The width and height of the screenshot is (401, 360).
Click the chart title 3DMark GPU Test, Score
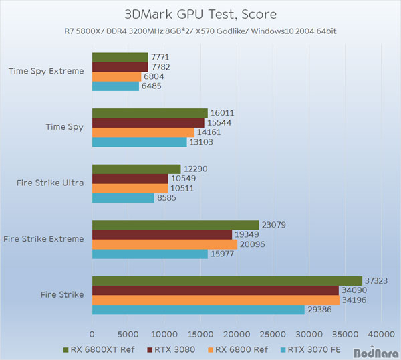(200, 14)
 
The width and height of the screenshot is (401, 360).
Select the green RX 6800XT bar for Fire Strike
(227, 281)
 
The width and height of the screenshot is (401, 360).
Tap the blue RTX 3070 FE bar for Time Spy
(139, 142)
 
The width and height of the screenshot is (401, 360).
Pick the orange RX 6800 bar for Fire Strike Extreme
(164, 244)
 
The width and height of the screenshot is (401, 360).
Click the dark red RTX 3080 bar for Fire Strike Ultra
(130, 179)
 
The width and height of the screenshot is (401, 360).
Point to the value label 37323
(376, 281)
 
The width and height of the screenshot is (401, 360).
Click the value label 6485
(154, 86)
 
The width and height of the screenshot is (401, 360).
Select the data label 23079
(273, 225)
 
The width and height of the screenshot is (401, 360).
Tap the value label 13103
(202, 142)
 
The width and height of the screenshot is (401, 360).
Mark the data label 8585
(169, 198)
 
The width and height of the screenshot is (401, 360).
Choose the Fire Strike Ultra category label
(54, 183)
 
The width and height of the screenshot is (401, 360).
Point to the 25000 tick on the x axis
(273, 333)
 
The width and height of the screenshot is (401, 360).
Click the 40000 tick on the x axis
(382, 333)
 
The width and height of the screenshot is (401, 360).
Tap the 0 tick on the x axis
(92, 333)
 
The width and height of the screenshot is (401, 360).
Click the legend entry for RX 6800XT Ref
(98, 348)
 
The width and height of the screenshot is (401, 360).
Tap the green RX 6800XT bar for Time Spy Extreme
(120, 57)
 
